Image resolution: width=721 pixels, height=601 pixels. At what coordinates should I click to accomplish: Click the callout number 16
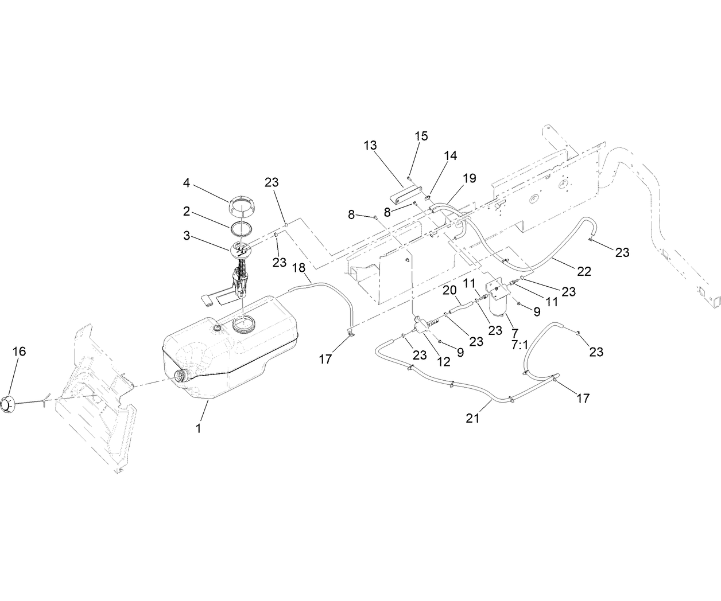19,351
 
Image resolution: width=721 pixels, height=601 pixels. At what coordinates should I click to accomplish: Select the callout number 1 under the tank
199,428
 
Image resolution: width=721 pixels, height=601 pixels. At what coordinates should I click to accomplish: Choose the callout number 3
187,235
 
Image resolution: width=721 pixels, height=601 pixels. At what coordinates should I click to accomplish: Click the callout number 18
299,268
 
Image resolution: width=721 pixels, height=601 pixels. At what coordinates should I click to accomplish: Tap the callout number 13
370,145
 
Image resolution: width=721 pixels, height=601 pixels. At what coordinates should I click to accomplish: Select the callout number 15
421,136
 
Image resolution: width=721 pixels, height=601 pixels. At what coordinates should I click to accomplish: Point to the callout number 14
450,155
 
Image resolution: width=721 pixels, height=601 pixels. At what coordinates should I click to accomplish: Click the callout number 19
469,178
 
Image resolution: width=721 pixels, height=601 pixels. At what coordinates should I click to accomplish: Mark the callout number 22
584,271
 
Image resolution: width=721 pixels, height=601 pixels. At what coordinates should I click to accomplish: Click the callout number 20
449,291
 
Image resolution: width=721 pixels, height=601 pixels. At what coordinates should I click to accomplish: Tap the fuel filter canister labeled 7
498,309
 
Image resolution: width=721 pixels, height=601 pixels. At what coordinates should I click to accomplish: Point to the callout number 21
472,418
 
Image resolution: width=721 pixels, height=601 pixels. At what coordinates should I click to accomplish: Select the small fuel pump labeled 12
422,325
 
